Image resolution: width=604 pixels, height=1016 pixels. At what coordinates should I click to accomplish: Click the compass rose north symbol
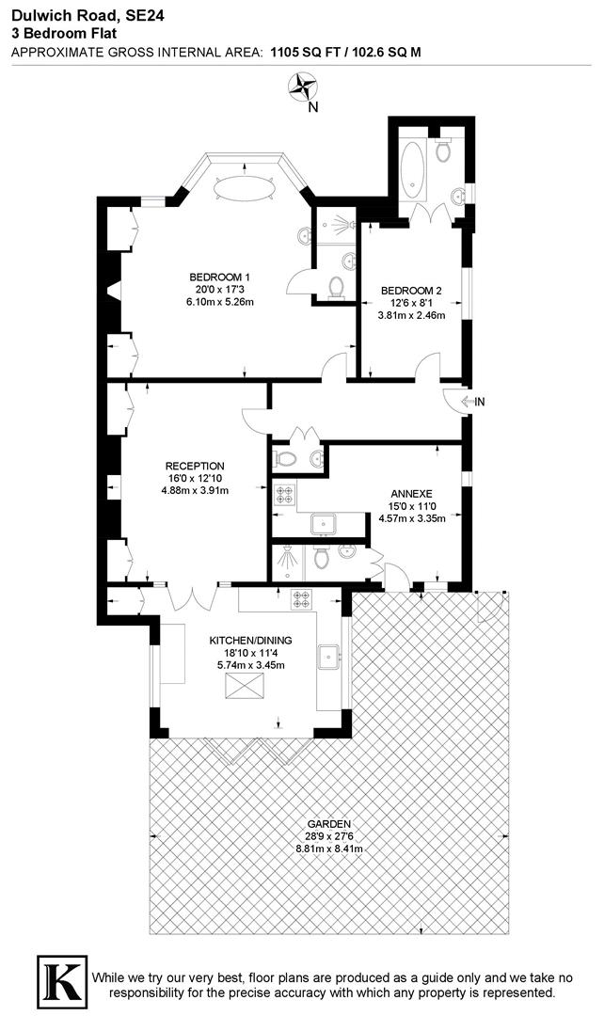coord(303,89)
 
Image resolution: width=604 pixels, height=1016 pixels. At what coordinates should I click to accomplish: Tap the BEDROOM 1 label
coord(221,277)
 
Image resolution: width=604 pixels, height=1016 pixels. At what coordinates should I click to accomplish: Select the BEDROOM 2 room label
coord(411,291)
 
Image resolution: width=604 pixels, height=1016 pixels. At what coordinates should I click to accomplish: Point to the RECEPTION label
coord(195,466)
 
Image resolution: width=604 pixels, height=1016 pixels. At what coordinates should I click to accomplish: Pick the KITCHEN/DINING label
coord(249,642)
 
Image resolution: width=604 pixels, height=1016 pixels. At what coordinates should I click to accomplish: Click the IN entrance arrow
coord(473,403)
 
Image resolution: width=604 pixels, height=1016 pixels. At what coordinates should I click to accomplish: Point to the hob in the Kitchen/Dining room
coord(302,596)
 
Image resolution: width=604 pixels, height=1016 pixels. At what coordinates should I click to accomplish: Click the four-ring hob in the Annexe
coord(283,493)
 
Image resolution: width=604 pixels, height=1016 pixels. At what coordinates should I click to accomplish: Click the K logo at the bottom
coord(60,978)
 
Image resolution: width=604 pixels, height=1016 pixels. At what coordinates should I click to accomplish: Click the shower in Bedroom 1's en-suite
coord(333,225)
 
